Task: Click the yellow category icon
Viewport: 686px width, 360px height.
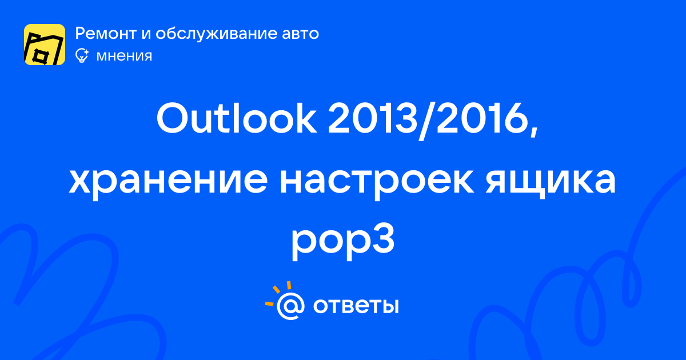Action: tap(45, 45)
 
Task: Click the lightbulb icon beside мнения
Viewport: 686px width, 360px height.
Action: tap(82, 56)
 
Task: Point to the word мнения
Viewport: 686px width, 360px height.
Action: tap(124, 57)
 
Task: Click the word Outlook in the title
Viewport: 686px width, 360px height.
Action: tap(237, 118)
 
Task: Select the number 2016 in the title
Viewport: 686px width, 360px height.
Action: tap(480, 118)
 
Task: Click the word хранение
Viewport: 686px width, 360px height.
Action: tap(168, 181)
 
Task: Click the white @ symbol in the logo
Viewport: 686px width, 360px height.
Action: tap(290, 306)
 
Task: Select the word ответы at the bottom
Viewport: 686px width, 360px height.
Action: tap(356, 306)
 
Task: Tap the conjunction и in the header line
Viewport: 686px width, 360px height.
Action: tap(146, 34)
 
